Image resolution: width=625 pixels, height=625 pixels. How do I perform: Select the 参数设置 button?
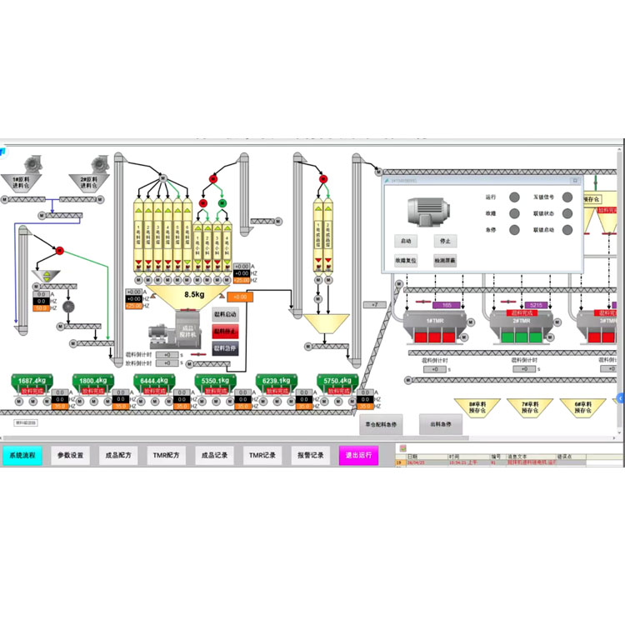click(x=71, y=456)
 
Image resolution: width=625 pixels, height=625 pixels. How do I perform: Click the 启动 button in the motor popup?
click(x=406, y=241)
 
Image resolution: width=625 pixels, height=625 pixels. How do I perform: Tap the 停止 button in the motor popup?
click(x=446, y=241)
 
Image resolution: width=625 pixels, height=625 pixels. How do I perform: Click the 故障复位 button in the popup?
click(x=406, y=260)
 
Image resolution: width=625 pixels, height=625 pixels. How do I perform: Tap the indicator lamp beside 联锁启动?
click(x=567, y=229)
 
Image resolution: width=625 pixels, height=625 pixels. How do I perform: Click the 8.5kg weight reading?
click(x=195, y=294)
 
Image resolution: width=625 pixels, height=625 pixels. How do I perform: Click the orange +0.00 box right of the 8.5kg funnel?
click(x=240, y=297)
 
